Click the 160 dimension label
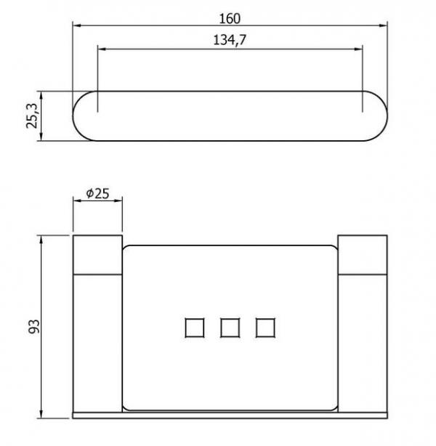(230, 19)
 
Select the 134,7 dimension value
(230, 40)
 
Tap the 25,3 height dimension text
(32, 116)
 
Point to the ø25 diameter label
(97, 194)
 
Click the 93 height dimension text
(34, 327)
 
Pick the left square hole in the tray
(194, 328)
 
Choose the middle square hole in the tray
(230, 328)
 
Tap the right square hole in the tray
(265, 328)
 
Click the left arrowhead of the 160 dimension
(77, 25)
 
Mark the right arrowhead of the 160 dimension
(383, 25)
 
